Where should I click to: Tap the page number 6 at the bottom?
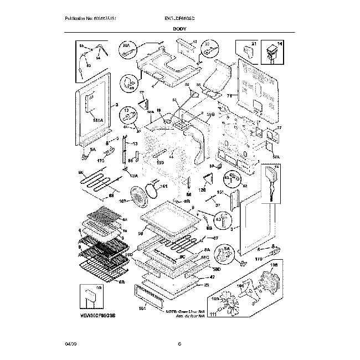[x=180, y=344]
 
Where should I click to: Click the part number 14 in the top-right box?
[x=279, y=43]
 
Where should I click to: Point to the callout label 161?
[x=164, y=187]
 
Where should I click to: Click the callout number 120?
[x=203, y=190]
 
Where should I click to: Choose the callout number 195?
[x=160, y=162]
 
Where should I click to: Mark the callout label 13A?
[x=133, y=176]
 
